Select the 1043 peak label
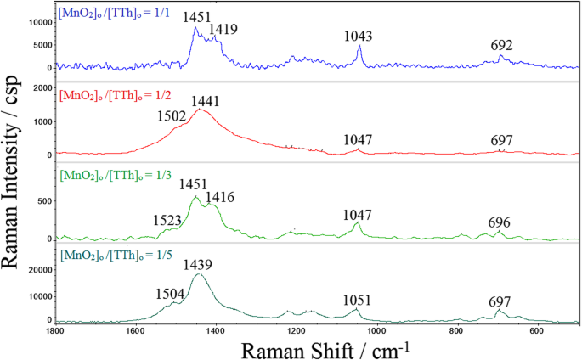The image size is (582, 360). [359, 36]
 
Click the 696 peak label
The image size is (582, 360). [499, 222]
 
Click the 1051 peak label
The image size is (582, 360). [357, 301]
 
